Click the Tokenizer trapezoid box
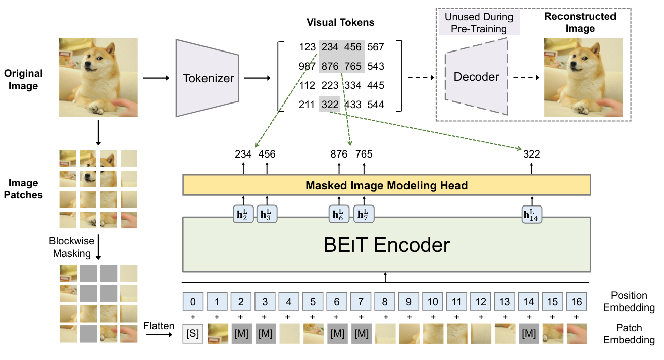pos(208,78)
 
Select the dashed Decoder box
pos(476,77)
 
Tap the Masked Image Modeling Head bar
pos(386,185)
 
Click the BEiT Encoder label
pos(386,245)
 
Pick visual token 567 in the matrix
pos(375,47)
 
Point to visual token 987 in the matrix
pos(307,67)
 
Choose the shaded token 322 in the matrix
pos(330,105)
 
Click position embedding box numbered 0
pos(193,302)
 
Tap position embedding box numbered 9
pos(409,302)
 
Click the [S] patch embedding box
pos(193,334)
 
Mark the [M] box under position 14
pos(529,334)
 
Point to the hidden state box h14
pos(531,215)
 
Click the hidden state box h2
pos(242,215)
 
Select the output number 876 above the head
pos(339,154)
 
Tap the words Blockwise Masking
pos(72,247)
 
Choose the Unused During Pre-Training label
pos(479,23)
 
